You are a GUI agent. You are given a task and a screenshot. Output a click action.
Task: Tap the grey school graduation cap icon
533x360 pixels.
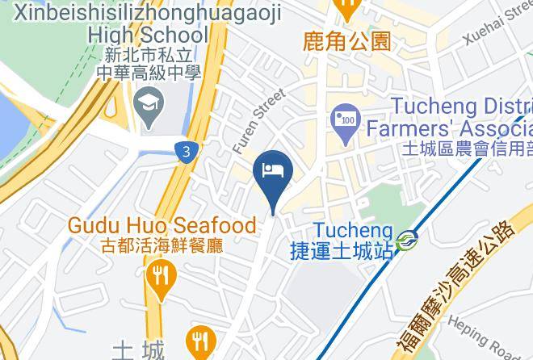click(149, 103)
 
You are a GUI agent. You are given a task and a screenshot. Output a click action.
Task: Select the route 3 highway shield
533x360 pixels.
click(187, 151)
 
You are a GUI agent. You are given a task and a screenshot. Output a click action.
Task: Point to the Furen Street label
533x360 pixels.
click(258, 121)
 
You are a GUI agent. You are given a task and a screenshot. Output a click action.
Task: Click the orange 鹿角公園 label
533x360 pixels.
click(346, 41)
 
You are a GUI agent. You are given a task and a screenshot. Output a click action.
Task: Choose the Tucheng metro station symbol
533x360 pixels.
click(407, 239)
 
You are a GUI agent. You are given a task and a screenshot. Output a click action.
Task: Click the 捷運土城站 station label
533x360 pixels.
click(342, 251)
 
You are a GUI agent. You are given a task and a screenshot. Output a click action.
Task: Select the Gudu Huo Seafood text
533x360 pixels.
click(162, 225)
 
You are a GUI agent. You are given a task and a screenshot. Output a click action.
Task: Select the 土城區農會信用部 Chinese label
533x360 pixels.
click(466, 149)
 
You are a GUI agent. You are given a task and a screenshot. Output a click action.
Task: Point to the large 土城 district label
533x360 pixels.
click(138, 350)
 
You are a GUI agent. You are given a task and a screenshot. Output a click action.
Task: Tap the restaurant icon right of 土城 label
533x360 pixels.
click(198, 340)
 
